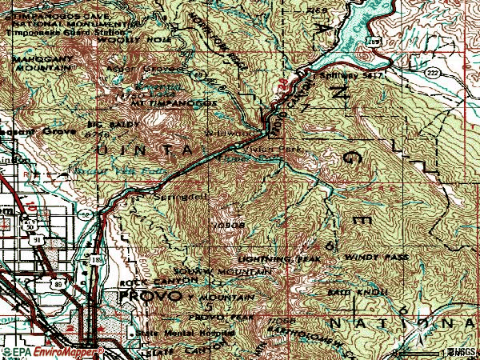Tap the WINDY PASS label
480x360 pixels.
tap(376, 258)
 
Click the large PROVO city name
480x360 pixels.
tap(150, 297)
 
